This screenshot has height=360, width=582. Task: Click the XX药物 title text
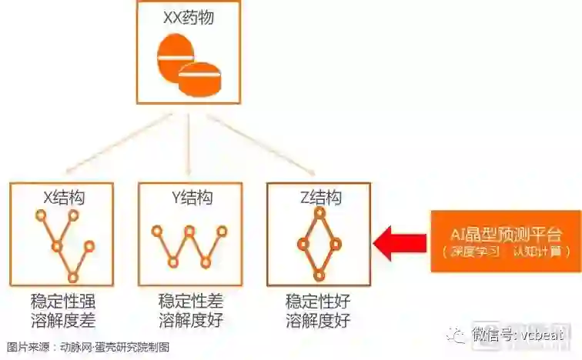click(188, 17)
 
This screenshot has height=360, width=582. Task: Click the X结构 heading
click(61, 198)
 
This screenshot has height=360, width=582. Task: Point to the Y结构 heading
click(189, 198)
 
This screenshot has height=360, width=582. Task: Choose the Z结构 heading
click(318, 198)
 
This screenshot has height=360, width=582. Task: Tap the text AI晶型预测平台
click(506, 235)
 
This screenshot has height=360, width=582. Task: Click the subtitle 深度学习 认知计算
click(506, 252)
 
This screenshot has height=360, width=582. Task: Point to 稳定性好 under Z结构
click(318, 300)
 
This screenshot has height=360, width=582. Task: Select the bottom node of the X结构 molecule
click(73, 277)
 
